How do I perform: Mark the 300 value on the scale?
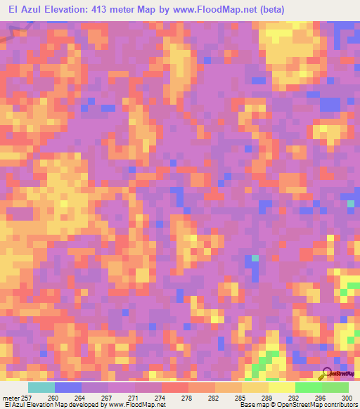click(345, 398)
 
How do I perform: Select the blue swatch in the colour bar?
click(67, 387)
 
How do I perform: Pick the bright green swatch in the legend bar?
click(308, 387)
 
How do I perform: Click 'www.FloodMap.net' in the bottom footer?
click(138, 405)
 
